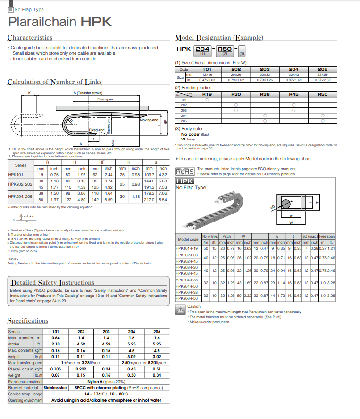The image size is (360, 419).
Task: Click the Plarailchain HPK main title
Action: pyautogui.click(x=60, y=22)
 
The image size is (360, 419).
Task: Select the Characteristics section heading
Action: pyautogui.click(x=30, y=38)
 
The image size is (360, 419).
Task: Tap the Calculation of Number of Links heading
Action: pyautogui.click(x=55, y=82)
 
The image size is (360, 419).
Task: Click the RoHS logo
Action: pyautogui.click(x=184, y=171)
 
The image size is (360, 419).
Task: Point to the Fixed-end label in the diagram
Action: pyautogui.click(x=97, y=129)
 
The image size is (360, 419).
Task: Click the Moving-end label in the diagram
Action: pyautogui.click(x=149, y=120)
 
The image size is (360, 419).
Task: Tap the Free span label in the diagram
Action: pyautogui.click(x=105, y=99)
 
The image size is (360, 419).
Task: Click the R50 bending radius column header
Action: pyautogui.click(x=322, y=94)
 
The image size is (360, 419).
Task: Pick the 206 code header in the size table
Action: pyautogui.click(x=322, y=69)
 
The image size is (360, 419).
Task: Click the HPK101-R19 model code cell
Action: pyautogui.click(x=187, y=248)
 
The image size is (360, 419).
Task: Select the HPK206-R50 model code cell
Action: pyautogui.click(x=187, y=298)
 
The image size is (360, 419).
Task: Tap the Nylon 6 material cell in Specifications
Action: pyautogui.click(x=106, y=382)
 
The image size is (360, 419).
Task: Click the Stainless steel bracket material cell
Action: pyautogui.click(x=57, y=388)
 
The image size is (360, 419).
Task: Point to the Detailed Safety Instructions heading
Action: pyautogui.click(x=52, y=283)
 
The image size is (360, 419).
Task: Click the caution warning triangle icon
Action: pyautogui.click(x=180, y=310)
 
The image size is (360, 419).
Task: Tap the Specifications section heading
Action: pyautogui.click(x=27, y=321)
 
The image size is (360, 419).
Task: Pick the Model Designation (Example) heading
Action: pyautogui.click(x=216, y=38)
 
